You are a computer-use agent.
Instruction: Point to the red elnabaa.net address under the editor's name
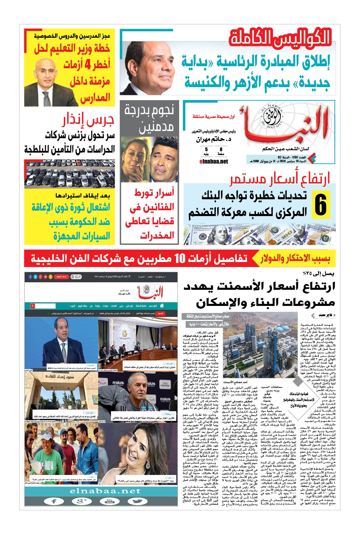tap(213, 162)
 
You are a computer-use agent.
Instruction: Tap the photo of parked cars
tap(69, 174)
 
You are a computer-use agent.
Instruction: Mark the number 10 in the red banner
tap(180, 259)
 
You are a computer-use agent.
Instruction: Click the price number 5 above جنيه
tap(206, 150)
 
